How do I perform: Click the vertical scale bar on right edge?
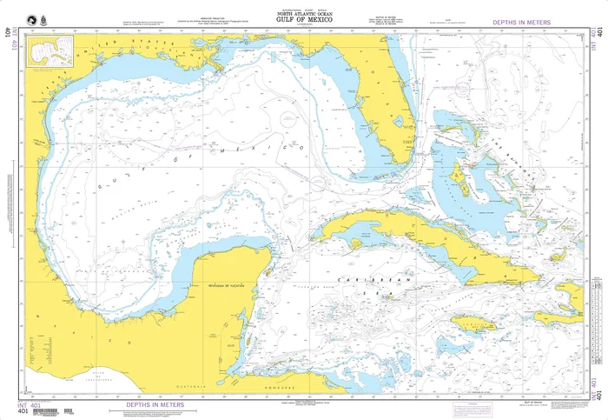click(x=596, y=322)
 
